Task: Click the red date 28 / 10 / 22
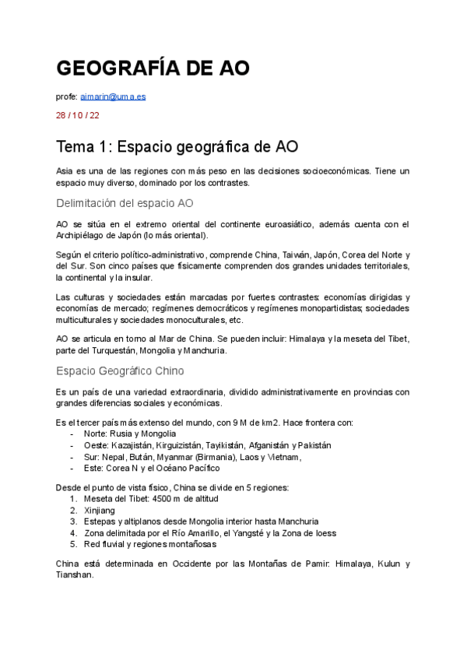(78, 115)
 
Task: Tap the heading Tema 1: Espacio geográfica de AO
(177, 147)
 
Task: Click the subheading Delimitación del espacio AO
(125, 203)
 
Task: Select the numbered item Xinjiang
(99, 510)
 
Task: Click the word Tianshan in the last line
(75, 575)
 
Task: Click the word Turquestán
(104, 350)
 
